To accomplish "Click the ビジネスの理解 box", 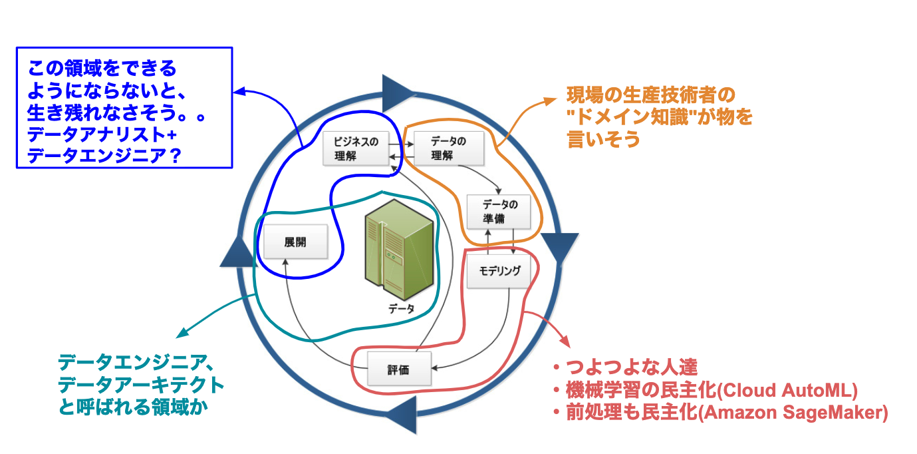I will pos(356,148).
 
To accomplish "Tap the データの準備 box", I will pos(499,210).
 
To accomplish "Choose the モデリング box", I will pos(499,272).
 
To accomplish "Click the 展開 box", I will pos(295,242).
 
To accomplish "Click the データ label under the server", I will pos(402,308).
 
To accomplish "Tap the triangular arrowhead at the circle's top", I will pos(397,90).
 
